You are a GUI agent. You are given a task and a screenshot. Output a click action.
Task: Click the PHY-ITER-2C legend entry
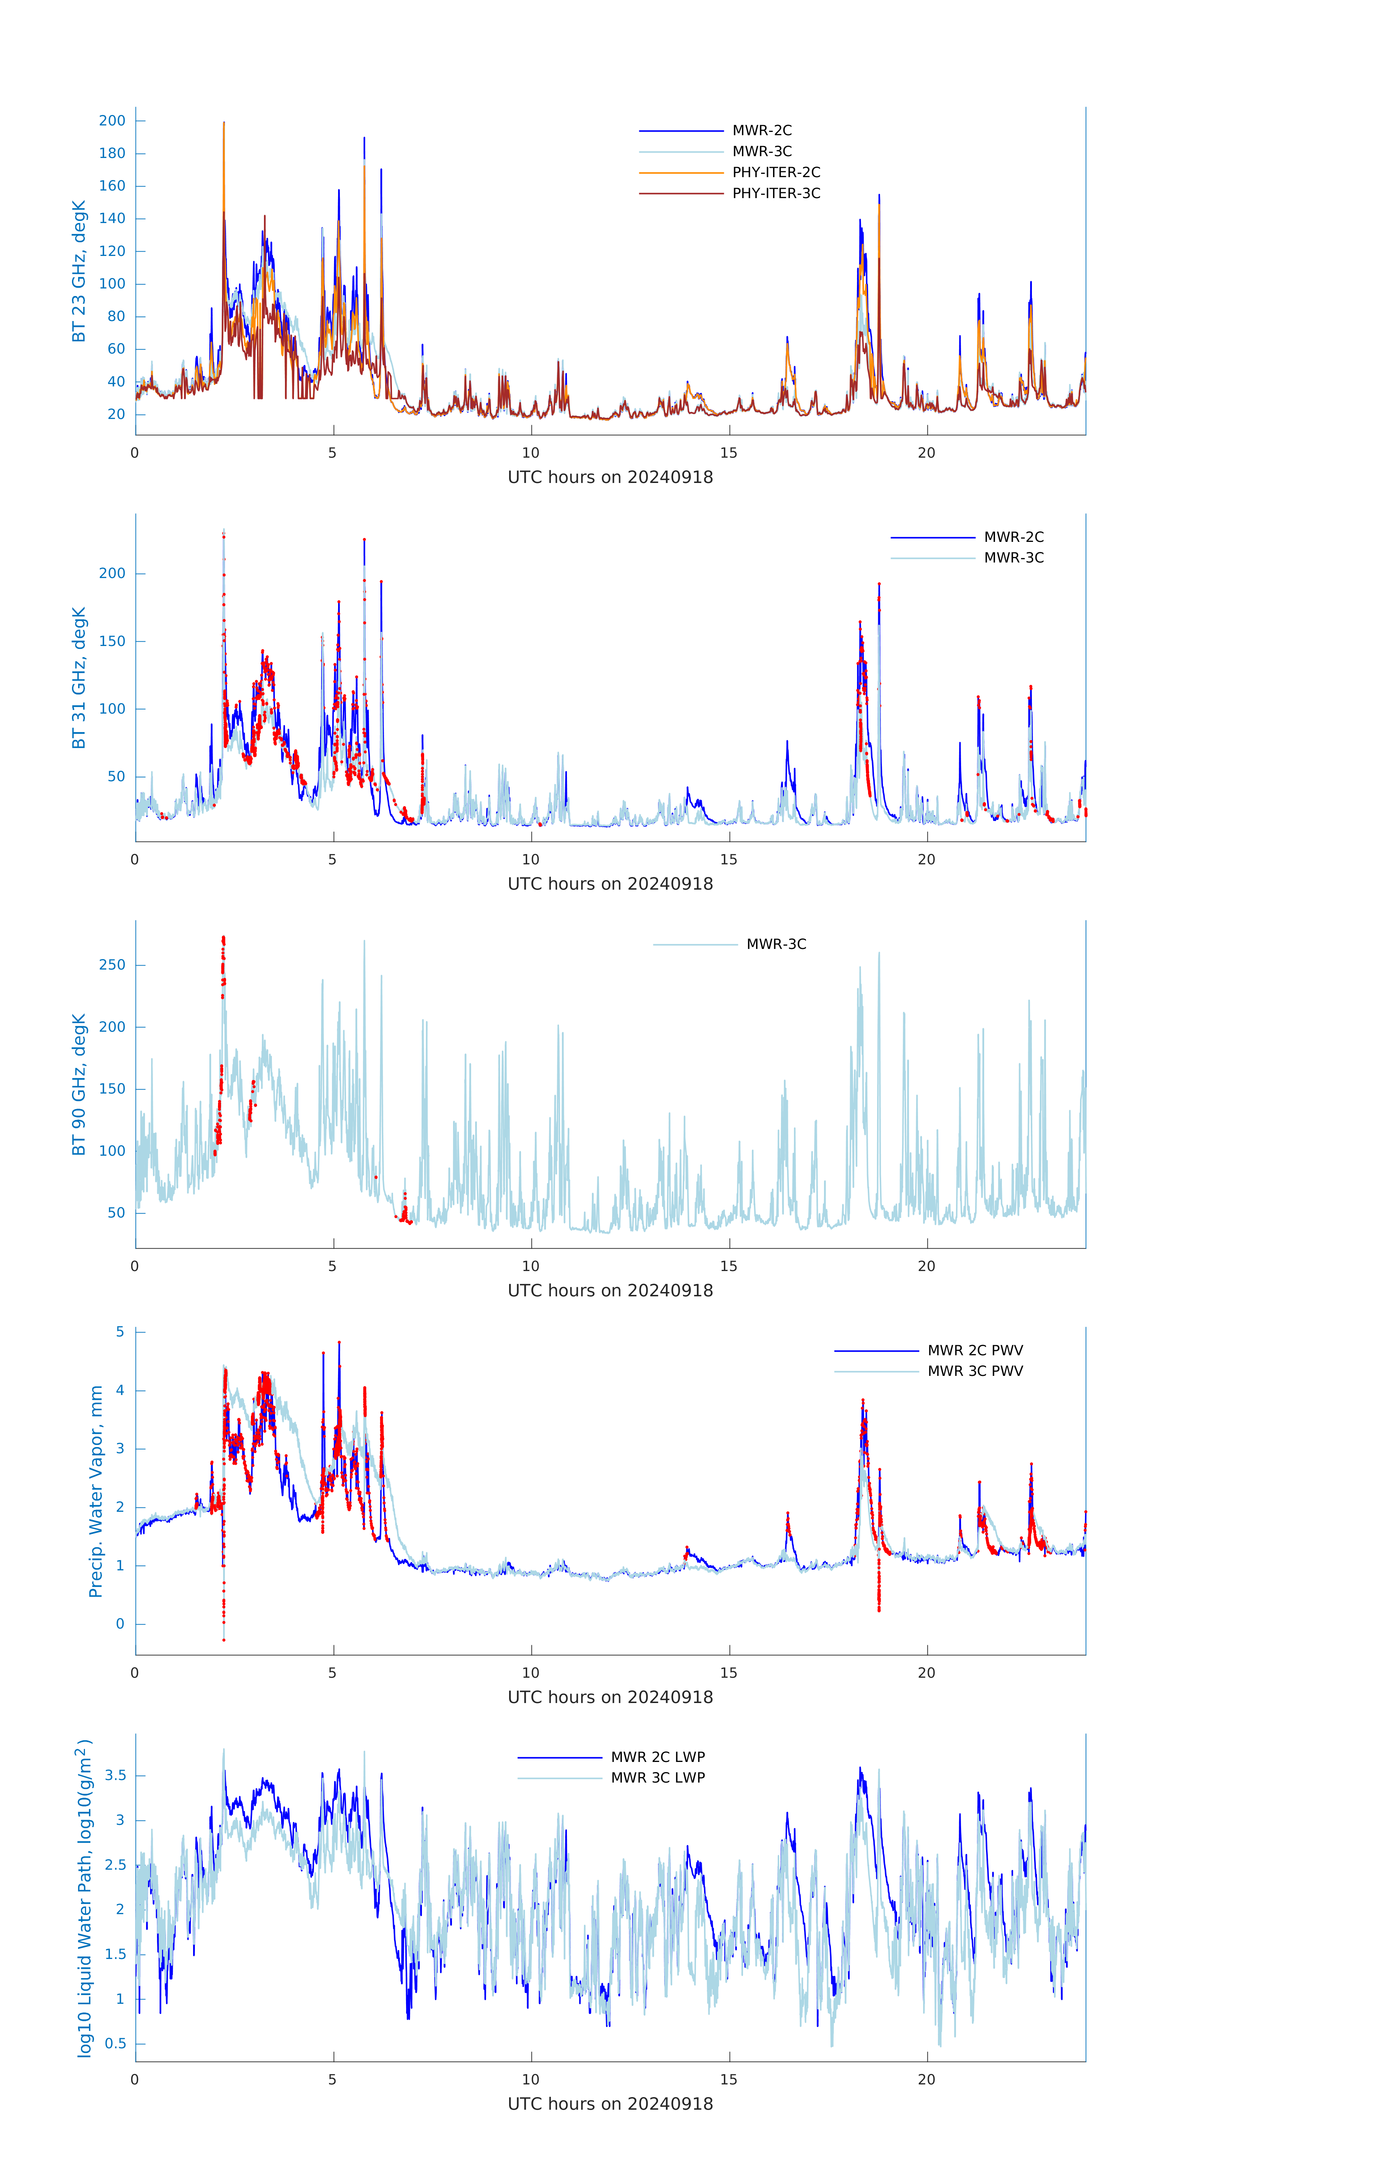775,172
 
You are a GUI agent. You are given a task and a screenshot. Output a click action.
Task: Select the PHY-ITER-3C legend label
775,193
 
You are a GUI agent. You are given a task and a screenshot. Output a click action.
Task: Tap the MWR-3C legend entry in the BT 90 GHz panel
775,944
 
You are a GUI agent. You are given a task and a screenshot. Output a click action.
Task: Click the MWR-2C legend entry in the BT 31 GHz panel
1013,537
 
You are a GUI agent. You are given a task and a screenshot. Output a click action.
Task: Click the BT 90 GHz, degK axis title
79,1084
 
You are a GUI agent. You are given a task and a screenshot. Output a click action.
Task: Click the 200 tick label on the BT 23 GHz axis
112,121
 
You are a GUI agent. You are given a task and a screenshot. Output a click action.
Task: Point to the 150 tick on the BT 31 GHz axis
112,641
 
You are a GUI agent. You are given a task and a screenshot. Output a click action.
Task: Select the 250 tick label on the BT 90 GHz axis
112,965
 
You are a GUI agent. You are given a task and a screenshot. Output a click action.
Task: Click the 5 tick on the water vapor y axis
120,1332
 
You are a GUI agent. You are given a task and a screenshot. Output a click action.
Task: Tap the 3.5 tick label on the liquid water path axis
115,1775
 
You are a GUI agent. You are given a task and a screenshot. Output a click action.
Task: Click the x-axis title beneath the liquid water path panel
610,2104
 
